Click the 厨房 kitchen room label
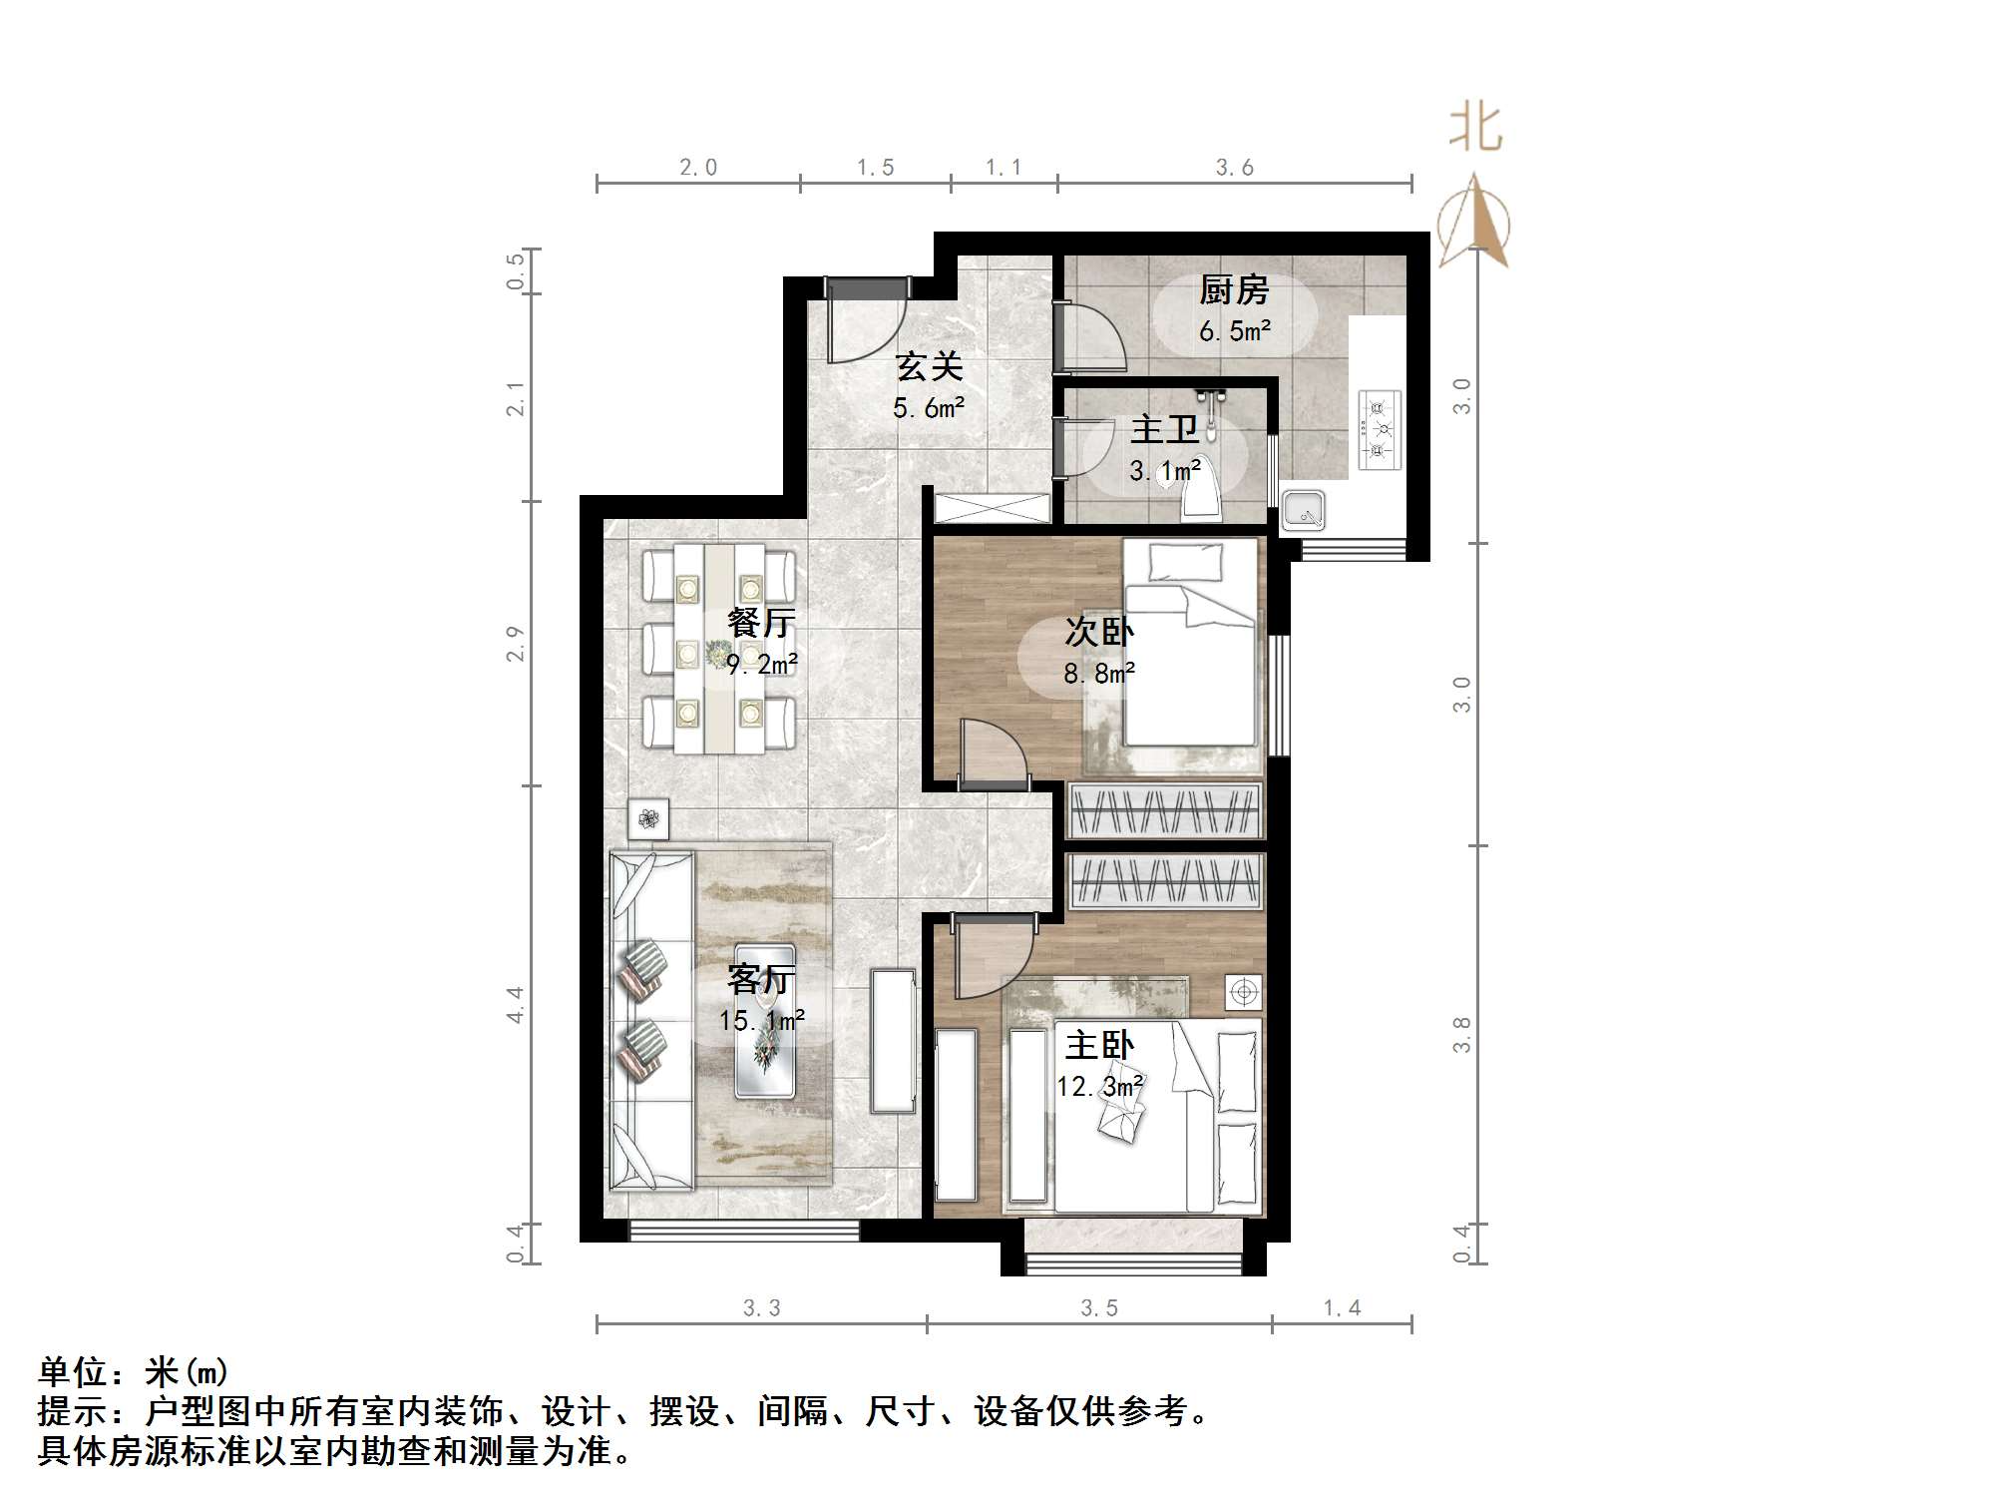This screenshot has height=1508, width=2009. (1234, 290)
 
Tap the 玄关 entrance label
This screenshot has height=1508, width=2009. (929, 366)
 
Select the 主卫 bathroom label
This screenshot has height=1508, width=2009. (1164, 430)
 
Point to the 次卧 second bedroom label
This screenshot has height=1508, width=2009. (1098, 631)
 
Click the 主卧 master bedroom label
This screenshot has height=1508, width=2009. (1099, 1045)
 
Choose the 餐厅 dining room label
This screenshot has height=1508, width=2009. (761, 623)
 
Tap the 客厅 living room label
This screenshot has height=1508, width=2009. (761, 979)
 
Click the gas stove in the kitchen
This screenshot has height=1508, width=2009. (1380, 430)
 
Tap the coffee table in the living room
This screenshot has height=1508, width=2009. (765, 1020)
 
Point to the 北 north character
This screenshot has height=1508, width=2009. (1475, 129)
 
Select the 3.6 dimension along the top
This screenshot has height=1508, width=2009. (1234, 168)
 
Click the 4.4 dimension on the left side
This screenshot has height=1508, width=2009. (515, 1004)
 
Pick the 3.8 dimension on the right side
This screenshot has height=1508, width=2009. (1461, 1035)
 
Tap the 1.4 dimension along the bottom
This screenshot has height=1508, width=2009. (1342, 1307)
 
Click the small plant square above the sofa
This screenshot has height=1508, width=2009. (648, 819)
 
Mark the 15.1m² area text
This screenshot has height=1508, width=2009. (761, 1021)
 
